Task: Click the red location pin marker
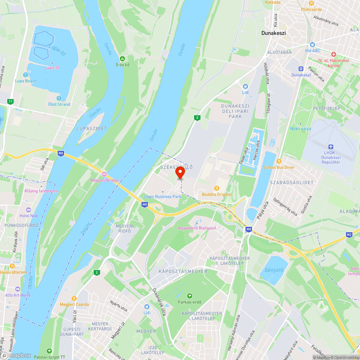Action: (x=180, y=173)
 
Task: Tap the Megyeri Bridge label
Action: (x=104, y=180)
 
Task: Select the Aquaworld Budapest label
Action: (x=197, y=228)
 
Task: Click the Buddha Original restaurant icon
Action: (x=217, y=188)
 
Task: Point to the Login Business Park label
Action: (x=163, y=197)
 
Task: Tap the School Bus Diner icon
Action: (x=279, y=161)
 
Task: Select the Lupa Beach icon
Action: (x=25, y=75)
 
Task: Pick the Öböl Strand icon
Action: (x=59, y=98)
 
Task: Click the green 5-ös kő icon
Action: (x=122, y=58)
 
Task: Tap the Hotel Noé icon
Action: (x=28, y=210)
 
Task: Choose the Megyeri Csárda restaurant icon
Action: (x=74, y=298)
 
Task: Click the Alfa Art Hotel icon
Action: (x=18, y=289)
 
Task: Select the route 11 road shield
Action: (x=10, y=102)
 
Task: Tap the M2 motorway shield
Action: (x=349, y=235)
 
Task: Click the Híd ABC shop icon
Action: (x=312, y=45)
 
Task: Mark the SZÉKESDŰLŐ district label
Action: (x=176, y=167)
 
